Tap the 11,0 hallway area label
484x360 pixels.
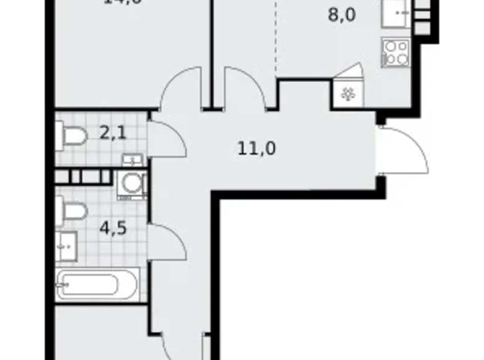[256, 148]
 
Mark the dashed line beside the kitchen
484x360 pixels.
[275, 37]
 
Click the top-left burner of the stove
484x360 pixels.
[390, 45]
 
